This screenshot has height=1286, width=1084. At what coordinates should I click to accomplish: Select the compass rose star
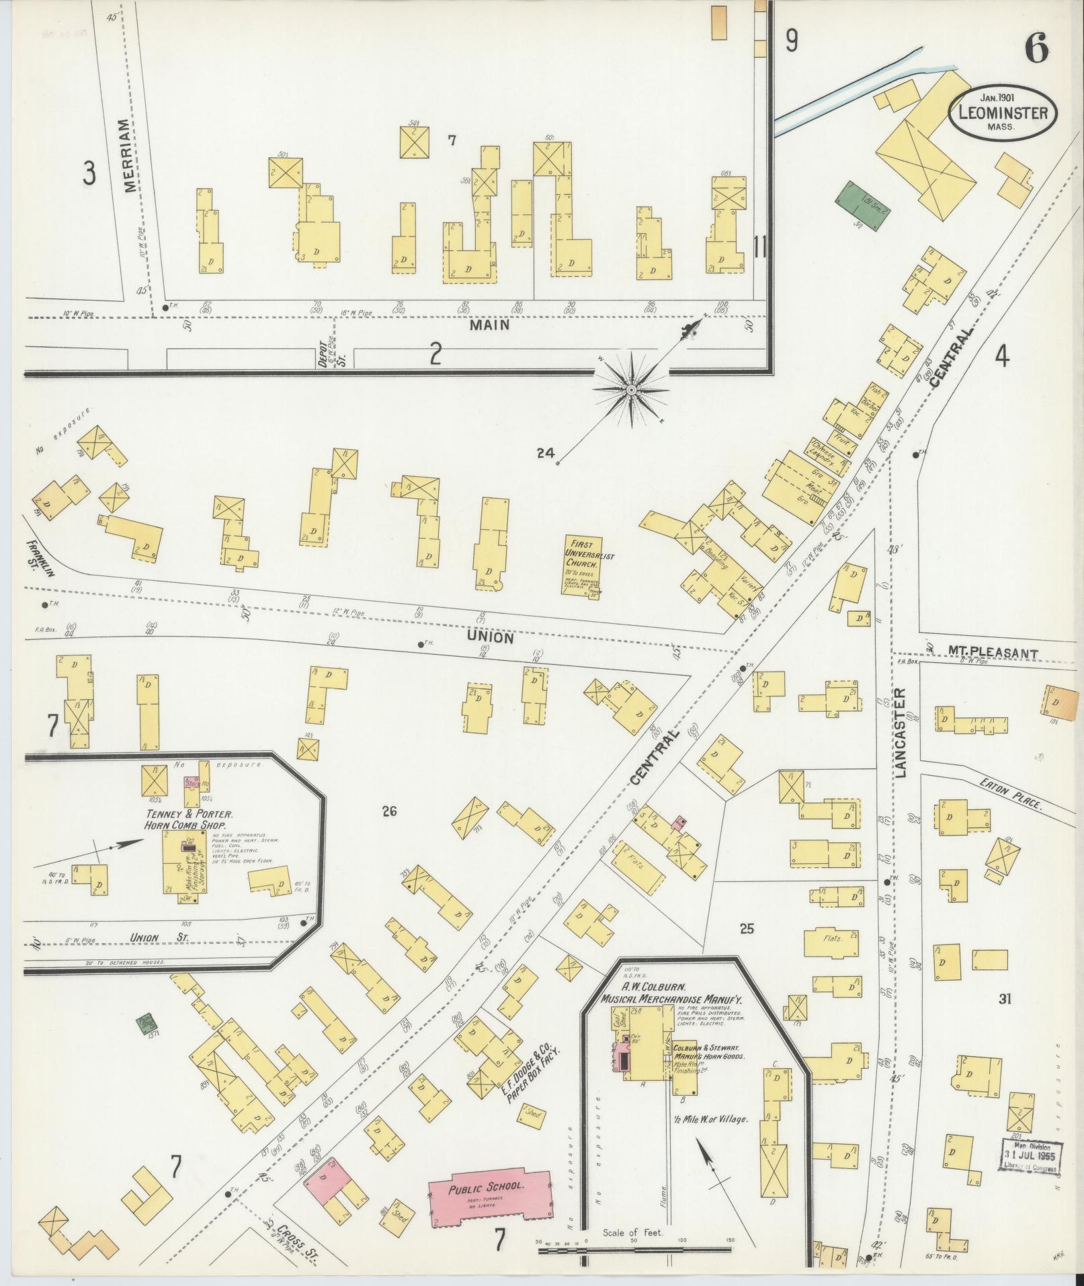click(632, 391)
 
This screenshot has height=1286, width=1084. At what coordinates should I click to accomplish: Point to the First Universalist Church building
click(583, 565)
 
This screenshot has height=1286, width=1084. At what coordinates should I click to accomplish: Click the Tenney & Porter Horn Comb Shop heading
click(186, 819)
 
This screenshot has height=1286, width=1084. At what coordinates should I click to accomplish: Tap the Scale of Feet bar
click(634, 1252)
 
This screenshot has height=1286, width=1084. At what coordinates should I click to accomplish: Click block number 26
click(389, 811)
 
